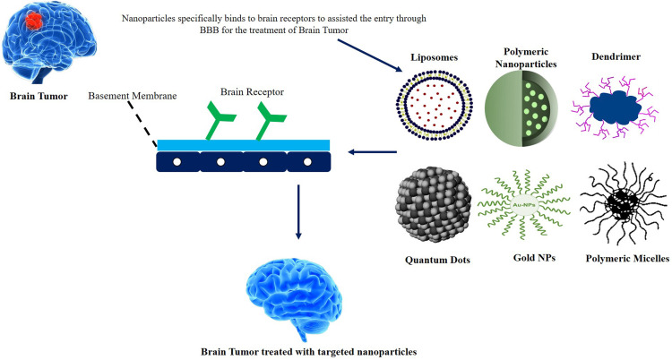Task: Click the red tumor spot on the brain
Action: [x=33, y=19]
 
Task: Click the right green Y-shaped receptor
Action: [x=266, y=121]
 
